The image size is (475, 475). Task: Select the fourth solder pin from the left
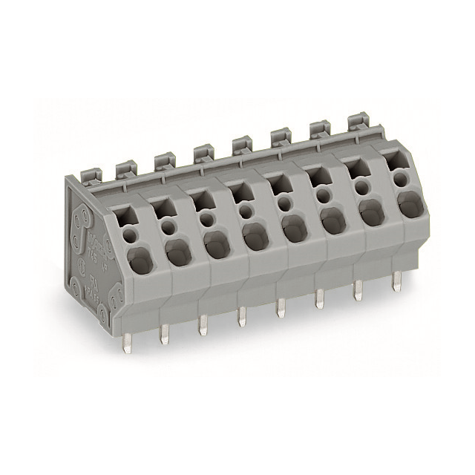tap(241, 317)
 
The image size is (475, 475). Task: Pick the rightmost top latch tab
tap(358, 122)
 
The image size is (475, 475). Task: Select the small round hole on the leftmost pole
tap(131, 235)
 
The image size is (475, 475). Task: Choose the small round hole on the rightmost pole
tap(401, 179)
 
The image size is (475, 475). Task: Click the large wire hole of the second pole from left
tap(177, 253)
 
